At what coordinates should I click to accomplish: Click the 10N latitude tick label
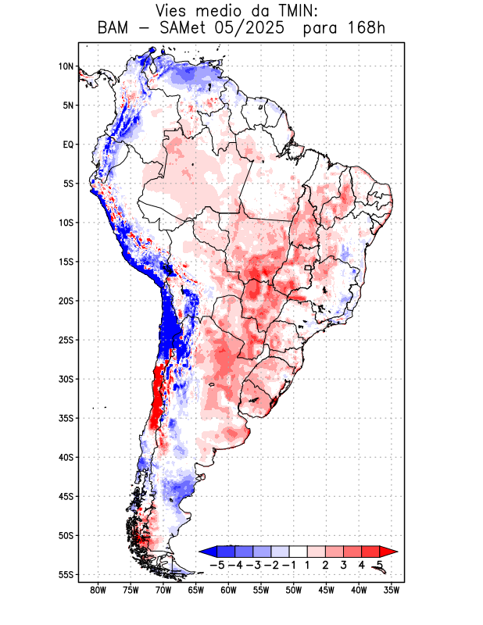pos(66,66)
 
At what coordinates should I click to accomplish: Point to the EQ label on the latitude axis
pos(68,145)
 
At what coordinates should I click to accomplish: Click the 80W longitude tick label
pos(98,590)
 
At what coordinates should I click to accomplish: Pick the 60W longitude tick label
pos(228,590)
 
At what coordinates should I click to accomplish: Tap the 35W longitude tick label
pos(392,590)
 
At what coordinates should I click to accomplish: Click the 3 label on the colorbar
pos(343,565)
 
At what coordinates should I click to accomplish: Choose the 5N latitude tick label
pos(68,105)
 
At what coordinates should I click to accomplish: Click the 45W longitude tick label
pos(326,590)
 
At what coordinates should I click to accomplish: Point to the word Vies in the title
pos(173,11)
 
